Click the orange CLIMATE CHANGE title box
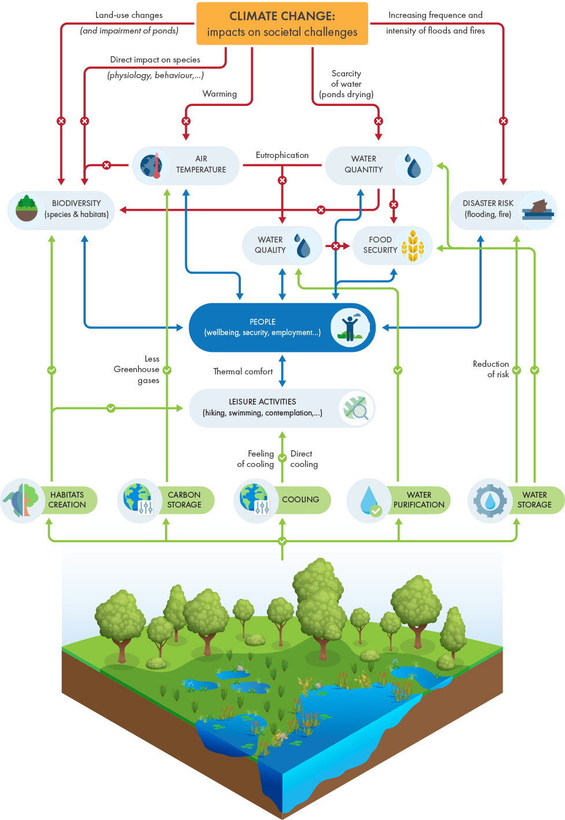click(282, 24)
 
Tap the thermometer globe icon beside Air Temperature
click(151, 166)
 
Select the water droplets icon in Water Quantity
click(413, 166)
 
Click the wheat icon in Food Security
click(413, 246)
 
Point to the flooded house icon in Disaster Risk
click(538, 210)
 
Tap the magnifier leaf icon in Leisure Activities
click(356, 409)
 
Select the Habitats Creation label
click(67, 500)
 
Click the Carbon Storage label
click(184, 500)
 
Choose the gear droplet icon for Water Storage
click(490, 501)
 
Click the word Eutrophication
click(282, 155)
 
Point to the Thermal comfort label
click(243, 372)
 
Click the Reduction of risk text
click(491, 369)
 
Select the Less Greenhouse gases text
click(138, 369)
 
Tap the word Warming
click(219, 94)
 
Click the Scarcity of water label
click(346, 84)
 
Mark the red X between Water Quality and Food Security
click(335, 246)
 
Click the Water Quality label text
click(270, 245)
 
